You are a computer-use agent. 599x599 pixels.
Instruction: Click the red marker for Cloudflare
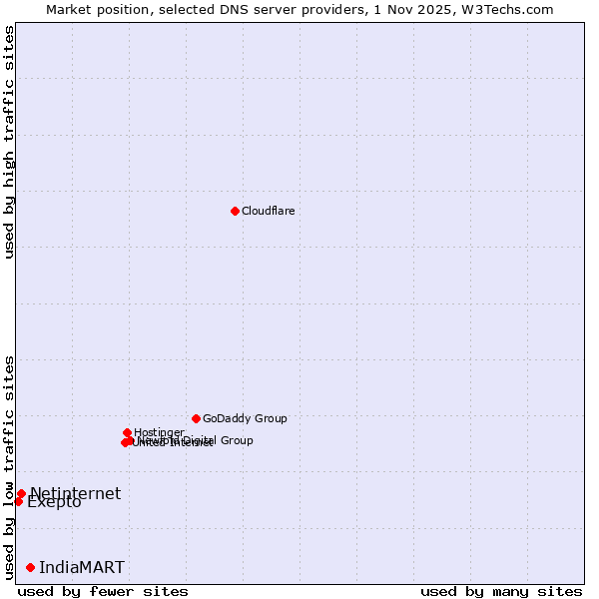coord(235,211)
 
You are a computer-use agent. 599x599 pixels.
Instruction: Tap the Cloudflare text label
coord(268,211)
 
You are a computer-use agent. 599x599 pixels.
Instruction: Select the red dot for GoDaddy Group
coord(196,418)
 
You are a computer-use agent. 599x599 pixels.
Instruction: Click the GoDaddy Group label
coord(245,418)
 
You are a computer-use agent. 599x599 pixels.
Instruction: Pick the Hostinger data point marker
coord(127,432)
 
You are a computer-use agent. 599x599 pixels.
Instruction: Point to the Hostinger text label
coord(159,432)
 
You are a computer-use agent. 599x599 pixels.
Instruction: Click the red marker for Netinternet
coord(21,493)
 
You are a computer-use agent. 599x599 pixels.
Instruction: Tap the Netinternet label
coord(75,493)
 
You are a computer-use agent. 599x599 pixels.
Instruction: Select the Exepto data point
coord(18,501)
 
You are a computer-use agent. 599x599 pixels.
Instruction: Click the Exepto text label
coord(54,502)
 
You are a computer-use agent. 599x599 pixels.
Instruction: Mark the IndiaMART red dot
coord(30,567)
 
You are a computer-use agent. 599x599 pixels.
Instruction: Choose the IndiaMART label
coord(82,567)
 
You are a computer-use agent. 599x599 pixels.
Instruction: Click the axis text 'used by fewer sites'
coord(103,591)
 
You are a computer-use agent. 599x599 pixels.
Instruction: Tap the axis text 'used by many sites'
coord(501,591)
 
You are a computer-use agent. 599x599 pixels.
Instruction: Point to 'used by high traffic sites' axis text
coord(9,142)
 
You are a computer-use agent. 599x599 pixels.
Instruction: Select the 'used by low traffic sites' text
coord(9,466)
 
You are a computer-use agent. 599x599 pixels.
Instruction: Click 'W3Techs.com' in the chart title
coord(512,9)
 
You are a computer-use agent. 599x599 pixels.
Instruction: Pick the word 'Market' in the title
coord(68,9)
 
